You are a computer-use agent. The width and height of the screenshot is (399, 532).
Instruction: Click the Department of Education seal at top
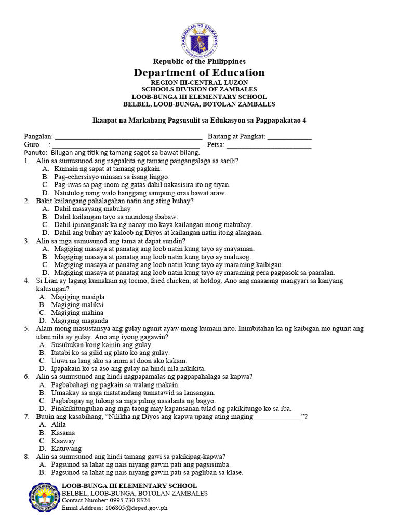click(200, 40)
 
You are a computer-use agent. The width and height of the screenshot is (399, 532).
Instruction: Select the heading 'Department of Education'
click(199, 72)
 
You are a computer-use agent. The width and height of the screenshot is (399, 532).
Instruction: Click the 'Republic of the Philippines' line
click(199, 61)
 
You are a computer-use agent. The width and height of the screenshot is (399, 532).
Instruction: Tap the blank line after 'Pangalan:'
click(128, 137)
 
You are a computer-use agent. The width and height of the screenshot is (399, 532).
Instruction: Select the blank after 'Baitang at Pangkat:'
click(289, 137)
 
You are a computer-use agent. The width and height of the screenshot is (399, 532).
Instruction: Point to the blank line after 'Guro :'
click(126, 145)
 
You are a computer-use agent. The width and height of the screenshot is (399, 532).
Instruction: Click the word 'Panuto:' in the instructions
click(36, 153)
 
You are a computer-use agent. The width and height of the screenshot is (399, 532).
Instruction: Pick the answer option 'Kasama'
click(63, 433)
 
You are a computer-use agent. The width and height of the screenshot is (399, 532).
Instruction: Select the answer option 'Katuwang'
click(66, 448)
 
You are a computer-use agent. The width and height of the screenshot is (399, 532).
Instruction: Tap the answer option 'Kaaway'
click(63, 441)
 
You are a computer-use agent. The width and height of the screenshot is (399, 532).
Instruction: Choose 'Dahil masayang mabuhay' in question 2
click(92, 209)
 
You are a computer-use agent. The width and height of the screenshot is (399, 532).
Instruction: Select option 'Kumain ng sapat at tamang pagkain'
click(108, 169)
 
